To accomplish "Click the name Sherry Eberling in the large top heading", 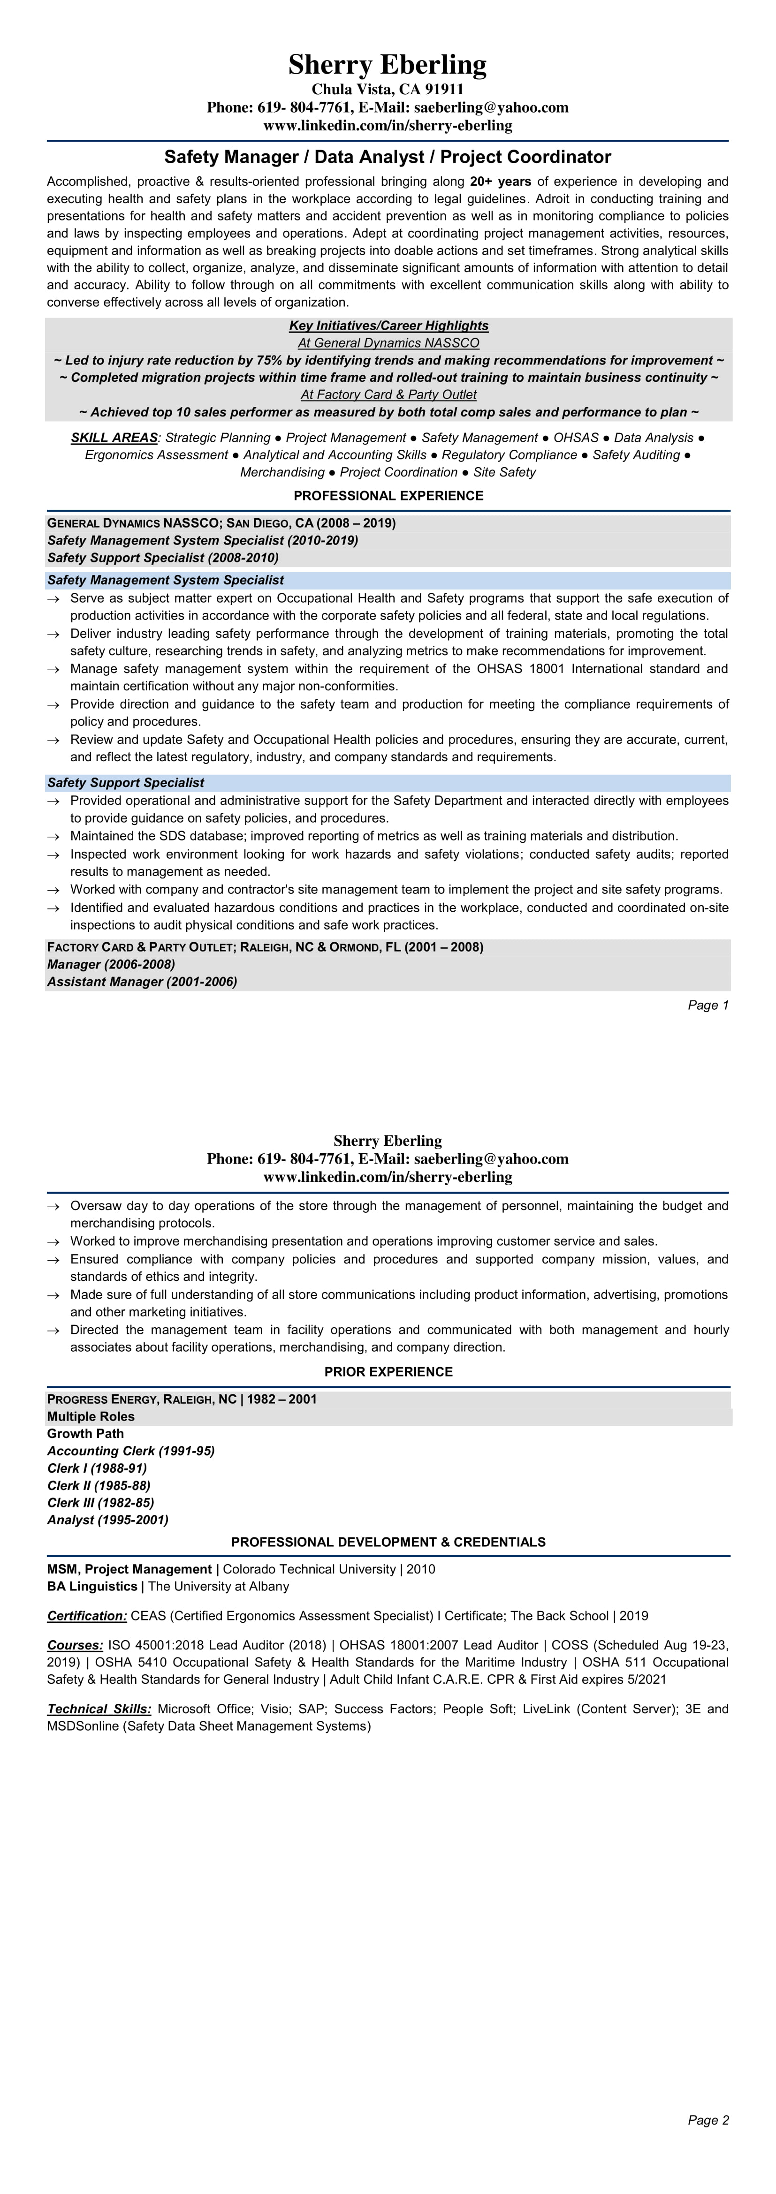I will tap(388, 65).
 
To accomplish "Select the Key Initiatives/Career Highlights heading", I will tap(388, 325).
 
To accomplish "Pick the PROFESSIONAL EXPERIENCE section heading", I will tap(388, 496).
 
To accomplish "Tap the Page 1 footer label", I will tap(708, 1005).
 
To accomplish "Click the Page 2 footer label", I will tap(708, 2120).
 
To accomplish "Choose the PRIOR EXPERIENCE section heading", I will tap(388, 1371).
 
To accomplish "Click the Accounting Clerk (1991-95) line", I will tap(130, 1451).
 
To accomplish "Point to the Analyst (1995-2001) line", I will tap(107, 1520).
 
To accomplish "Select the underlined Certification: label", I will tap(87, 1616).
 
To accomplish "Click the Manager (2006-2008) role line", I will tap(111, 964).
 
